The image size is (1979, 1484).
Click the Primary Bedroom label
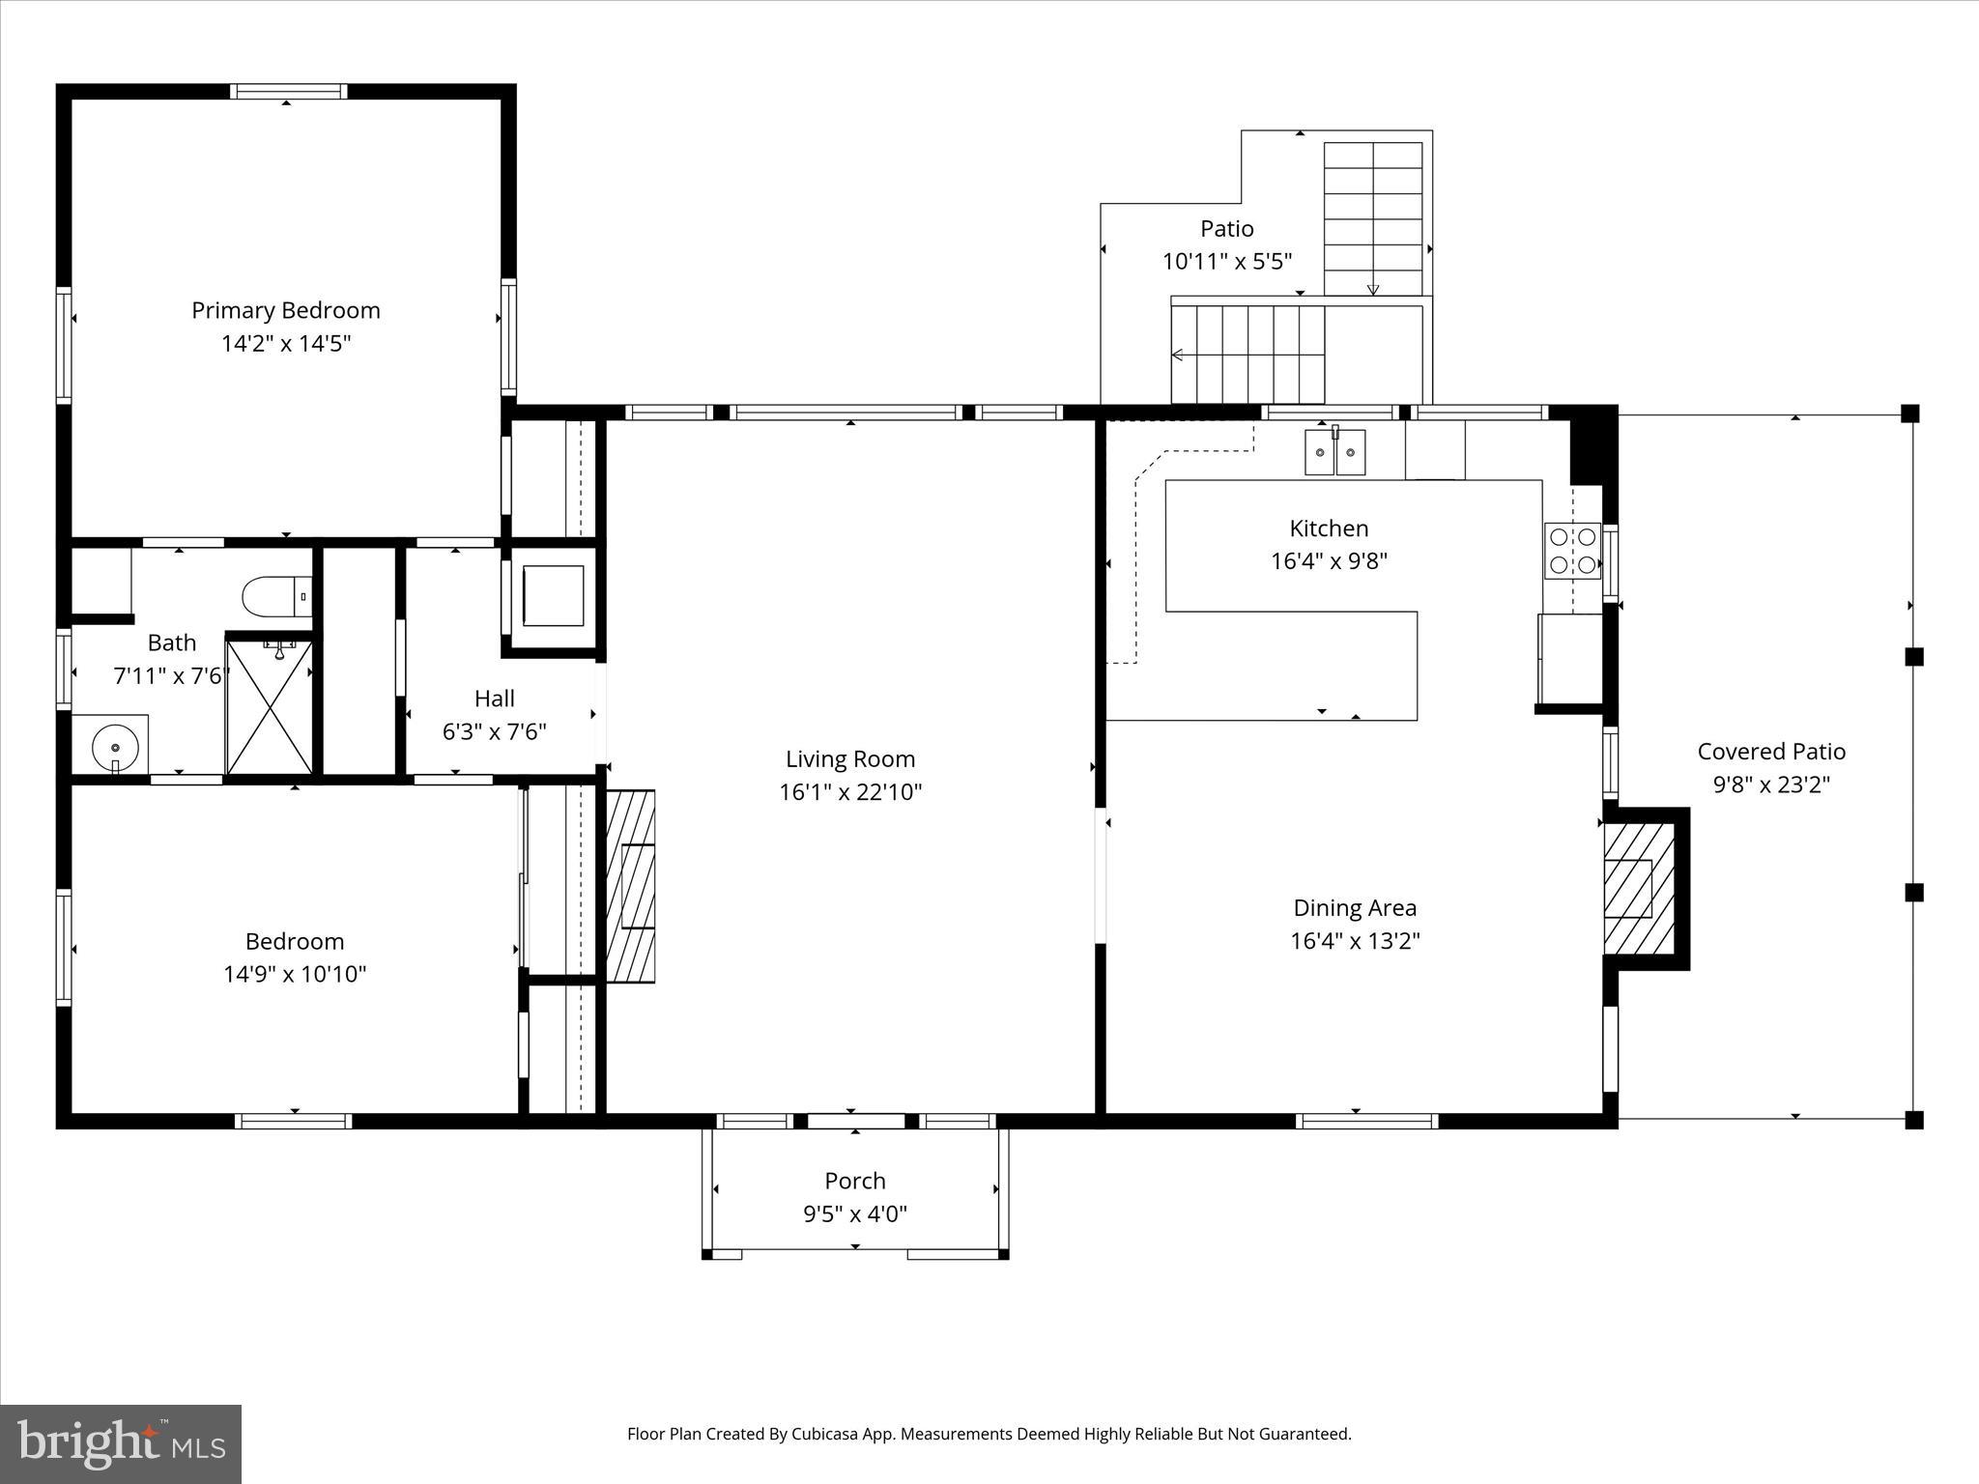[x=285, y=310]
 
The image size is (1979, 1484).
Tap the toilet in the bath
[x=276, y=597]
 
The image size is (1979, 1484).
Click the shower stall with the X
[x=269, y=708]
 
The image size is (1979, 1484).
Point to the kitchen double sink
[x=1335, y=452]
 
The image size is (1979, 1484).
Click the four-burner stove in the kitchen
[x=1571, y=551]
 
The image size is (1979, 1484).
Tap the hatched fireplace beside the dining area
[x=1638, y=888]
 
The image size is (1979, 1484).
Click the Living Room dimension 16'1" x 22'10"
[x=850, y=792]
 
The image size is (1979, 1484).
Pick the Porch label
[x=855, y=1181]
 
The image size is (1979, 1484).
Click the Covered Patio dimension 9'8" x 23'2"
[x=1771, y=785]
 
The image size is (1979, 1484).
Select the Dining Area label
[x=1355, y=908]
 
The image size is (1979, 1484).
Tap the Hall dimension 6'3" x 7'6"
[x=494, y=732]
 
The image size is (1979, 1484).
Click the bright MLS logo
[x=121, y=1443]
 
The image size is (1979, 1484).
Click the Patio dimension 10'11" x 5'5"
[x=1227, y=262]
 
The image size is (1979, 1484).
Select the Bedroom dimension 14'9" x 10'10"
[x=295, y=974]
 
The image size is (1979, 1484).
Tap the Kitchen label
[x=1329, y=528]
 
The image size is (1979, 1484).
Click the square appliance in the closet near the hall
[x=553, y=596]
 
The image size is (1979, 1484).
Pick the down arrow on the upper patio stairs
[x=1372, y=289]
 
